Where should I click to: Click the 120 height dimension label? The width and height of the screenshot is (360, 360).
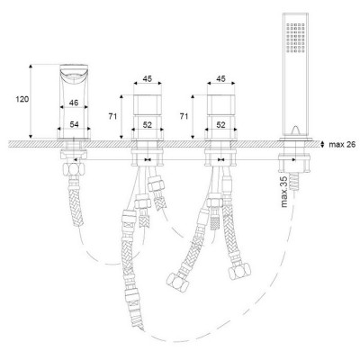22,99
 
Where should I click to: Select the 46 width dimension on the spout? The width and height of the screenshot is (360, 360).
74,103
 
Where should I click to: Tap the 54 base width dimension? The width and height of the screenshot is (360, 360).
74,124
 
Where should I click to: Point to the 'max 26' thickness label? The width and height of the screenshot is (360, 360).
342,145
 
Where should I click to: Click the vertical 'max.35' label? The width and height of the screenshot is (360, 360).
284,192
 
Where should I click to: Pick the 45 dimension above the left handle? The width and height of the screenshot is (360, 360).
148,78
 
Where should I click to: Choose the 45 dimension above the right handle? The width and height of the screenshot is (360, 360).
220,78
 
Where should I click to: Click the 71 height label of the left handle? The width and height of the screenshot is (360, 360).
112,116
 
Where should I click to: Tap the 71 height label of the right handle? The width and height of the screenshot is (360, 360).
184,116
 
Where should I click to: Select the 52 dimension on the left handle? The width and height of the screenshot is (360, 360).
148,125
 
